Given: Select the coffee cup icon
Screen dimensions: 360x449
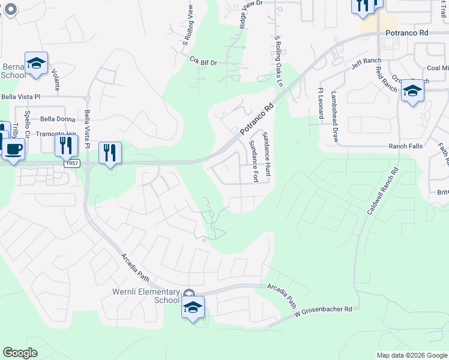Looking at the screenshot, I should tap(13, 149).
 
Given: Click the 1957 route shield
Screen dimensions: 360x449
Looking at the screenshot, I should tap(72, 163).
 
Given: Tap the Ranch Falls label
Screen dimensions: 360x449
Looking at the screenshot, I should tap(406, 146).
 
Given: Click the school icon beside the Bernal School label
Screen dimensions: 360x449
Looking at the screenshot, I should tap(37, 64).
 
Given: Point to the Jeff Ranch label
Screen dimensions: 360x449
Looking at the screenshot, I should tap(363, 61).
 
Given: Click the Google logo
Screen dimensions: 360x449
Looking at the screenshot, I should tap(20, 352).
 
